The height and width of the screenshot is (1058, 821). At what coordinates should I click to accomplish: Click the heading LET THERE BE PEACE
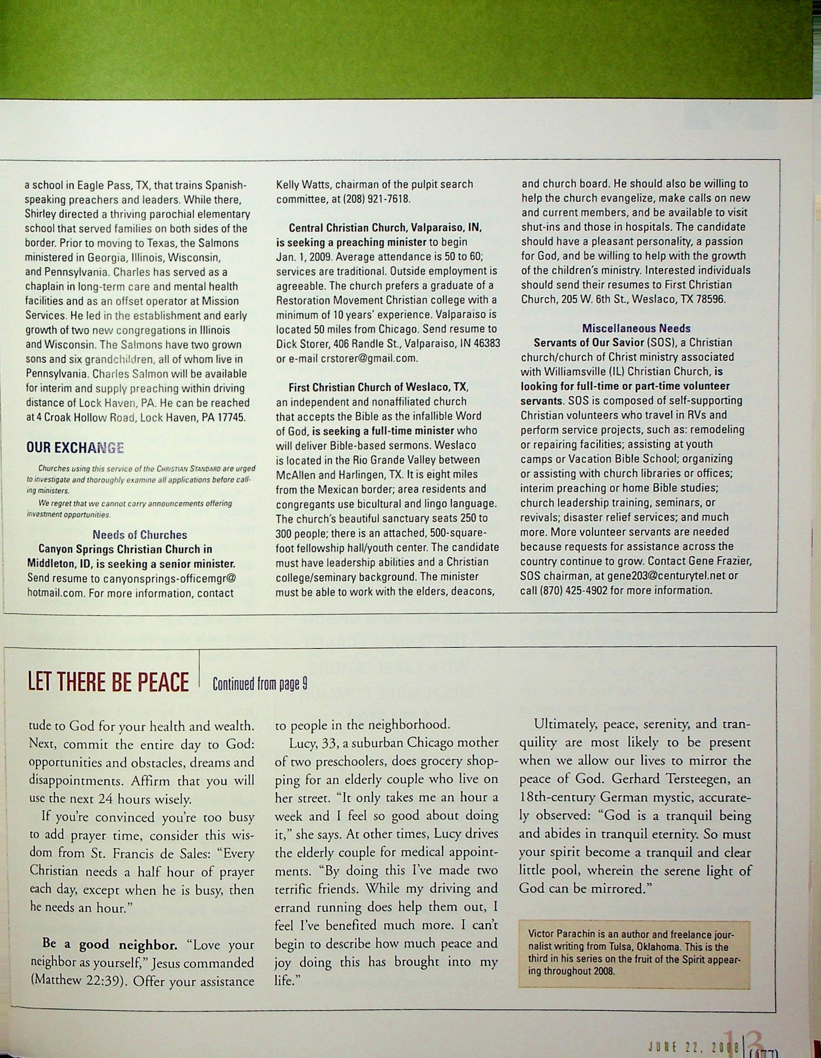pos(108,683)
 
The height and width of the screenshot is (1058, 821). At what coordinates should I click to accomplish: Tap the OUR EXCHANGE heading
pos(75,448)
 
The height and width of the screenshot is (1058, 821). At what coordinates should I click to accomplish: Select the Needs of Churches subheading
pos(140,535)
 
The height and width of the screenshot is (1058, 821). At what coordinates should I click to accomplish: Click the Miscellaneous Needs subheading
pos(636,328)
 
